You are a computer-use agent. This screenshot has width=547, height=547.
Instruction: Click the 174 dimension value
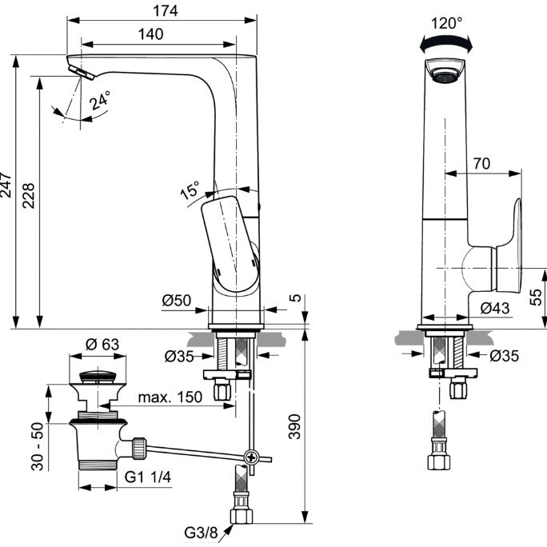[166, 11]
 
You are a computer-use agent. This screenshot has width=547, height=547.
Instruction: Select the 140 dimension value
[150, 34]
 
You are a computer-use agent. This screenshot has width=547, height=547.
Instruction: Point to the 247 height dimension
[6, 185]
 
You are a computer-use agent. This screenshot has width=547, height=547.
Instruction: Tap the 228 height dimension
[29, 196]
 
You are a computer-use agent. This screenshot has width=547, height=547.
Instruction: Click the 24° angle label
[99, 100]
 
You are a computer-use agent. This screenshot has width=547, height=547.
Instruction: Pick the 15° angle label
[190, 190]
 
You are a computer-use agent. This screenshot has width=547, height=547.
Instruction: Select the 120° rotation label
[446, 23]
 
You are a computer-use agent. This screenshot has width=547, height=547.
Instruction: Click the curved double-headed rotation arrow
[445, 44]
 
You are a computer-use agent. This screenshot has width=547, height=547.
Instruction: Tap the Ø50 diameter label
[177, 301]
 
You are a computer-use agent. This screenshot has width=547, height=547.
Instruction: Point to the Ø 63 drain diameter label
[102, 345]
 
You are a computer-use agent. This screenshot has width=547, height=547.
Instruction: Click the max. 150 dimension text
[170, 397]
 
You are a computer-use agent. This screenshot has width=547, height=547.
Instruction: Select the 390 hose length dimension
[295, 426]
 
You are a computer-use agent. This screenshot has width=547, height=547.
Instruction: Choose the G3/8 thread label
[201, 533]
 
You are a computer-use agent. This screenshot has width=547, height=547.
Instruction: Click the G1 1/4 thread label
[148, 477]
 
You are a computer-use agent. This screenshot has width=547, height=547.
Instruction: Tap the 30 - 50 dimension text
[38, 446]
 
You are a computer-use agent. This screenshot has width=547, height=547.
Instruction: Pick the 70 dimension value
[481, 163]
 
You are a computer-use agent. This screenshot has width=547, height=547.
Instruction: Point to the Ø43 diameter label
[495, 308]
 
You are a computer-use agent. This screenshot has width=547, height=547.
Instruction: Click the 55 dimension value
[536, 297]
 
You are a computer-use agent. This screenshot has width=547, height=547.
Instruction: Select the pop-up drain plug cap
[98, 377]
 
